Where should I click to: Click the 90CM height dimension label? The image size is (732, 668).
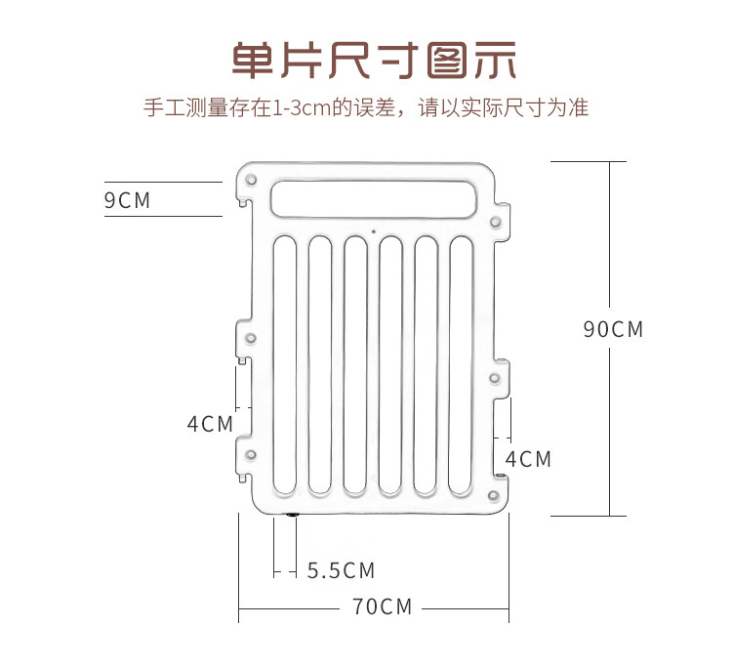click(x=613, y=329)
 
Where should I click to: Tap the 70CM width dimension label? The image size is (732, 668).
click(x=383, y=606)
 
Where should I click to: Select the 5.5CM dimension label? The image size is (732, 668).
click(x=342, y=570)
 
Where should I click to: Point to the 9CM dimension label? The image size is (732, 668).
click(x=127, y=200)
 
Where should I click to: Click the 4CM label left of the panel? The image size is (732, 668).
click(x=210, y=424)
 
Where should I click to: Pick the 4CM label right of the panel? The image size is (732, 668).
click(x=528, y=459)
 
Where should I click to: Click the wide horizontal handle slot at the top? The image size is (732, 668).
click(x=374, y=199)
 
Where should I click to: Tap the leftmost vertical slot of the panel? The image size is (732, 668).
click(x=285, y=365)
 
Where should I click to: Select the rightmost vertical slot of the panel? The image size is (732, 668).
click(x=462, y=365)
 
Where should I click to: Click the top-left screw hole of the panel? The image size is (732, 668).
click(x=251, y=180)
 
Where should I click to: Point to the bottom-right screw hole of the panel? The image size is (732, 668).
click(x=494, y=495)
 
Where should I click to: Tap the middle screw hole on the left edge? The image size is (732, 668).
click(x=251, y=338)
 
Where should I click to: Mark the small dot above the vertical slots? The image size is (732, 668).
click(x=374, y=231)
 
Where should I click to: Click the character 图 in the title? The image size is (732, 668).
click(x=447, y=60)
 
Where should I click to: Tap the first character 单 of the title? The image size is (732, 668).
click(x=252, y=60)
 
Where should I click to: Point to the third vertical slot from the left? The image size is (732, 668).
click(x=355, y=365)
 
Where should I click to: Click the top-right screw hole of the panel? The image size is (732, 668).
click(x=495, y=222)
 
